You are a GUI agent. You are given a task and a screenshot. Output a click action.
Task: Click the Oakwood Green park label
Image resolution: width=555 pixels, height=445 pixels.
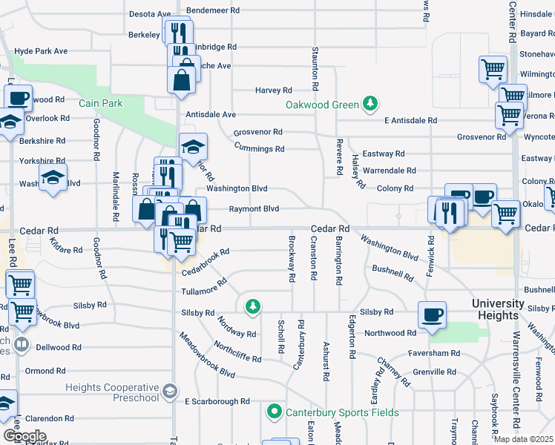coord(322,105)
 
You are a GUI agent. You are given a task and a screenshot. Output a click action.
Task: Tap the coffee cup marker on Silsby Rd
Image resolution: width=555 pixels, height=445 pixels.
coord(432,314)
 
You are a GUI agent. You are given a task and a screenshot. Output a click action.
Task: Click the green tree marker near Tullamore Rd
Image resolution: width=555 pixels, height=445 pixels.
coord(253,306)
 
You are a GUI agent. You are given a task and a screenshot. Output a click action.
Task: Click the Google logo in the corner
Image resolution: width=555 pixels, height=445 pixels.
coord(24,435)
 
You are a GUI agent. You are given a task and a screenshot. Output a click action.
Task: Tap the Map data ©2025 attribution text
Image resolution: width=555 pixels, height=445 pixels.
coord(524,439)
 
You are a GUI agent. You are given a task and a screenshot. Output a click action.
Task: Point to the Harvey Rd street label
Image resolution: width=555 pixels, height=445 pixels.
coord(273,90)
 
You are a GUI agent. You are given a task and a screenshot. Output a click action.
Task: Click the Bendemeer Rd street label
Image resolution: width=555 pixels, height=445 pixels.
coord(213,10)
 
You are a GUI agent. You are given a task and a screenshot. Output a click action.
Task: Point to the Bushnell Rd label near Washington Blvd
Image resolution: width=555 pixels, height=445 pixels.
coord(393,273)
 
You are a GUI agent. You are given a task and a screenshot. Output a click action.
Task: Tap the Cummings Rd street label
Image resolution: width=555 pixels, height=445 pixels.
coord(259,148)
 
